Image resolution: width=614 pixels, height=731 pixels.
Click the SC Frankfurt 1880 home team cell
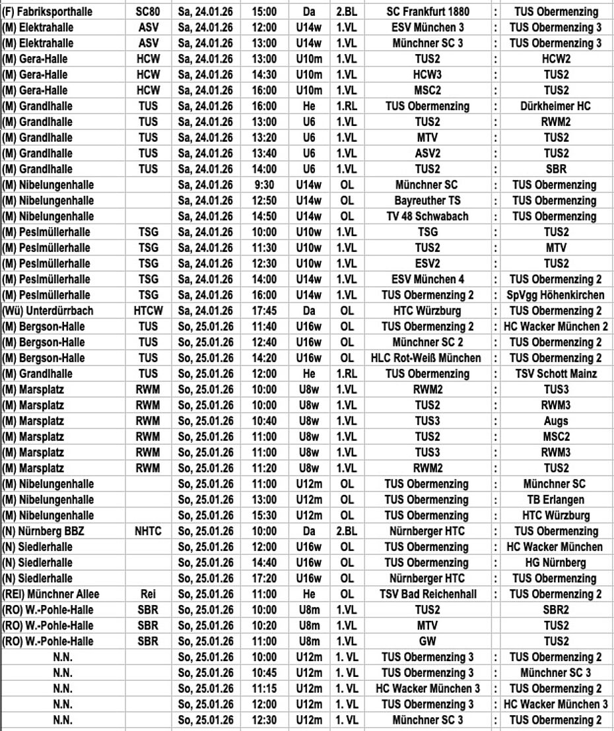431,12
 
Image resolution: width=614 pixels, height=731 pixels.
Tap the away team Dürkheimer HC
555,106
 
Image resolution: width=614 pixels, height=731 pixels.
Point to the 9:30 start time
263,185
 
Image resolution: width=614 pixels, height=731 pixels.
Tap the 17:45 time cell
263,311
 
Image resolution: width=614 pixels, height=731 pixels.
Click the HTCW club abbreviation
148,311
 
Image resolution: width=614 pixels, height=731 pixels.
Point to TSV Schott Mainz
555,374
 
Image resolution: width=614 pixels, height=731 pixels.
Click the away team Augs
555,421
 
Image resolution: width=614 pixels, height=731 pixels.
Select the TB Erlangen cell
555,500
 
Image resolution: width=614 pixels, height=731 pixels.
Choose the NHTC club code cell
148,531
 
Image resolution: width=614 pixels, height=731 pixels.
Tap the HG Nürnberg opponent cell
555,563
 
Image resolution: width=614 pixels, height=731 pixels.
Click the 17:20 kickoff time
263,579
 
